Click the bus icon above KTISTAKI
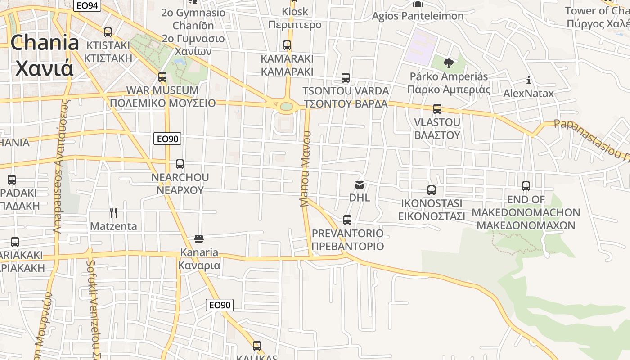click(108, 32)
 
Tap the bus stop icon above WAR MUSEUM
click(162, 77)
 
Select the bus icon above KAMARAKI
click(287, 45)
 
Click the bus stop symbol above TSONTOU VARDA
click(346, 78)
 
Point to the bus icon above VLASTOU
click(437, 109)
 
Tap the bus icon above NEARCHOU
click(180, 164)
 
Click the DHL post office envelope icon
click(360, 185)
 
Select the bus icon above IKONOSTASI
click(432, 190)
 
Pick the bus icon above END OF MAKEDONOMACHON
click(526, 186)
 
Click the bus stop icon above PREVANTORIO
click(347, 220)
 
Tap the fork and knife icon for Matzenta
click(113, 213)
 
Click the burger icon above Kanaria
click(199, 238)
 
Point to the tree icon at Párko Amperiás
click(448, 63)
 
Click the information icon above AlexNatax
click(529, 81)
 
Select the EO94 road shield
click(87, 5)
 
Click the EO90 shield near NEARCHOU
click(167, 139)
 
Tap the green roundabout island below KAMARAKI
click(286, 107)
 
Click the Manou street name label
click(306, 169)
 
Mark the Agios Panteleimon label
click(418, 16)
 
